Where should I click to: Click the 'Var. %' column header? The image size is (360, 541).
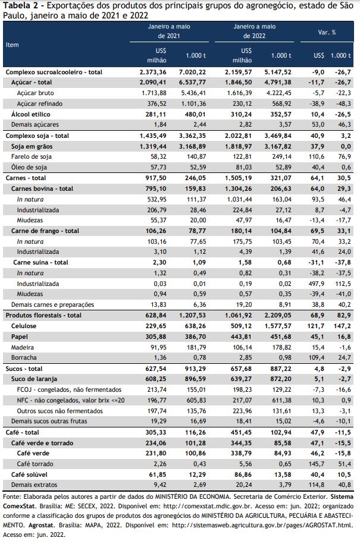pos(327,33)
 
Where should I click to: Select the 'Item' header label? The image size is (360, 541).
pos(12,45)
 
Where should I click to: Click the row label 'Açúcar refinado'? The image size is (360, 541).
pos(40,103)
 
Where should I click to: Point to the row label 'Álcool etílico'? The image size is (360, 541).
pos(31,114)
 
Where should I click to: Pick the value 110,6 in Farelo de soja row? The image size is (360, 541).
pos(317,156)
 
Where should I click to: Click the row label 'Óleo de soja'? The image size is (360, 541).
pos(29,167)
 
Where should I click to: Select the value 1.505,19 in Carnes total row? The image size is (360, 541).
pos(239,178)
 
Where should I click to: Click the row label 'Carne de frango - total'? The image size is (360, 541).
pos(45,231)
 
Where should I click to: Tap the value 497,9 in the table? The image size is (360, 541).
pos(317,284)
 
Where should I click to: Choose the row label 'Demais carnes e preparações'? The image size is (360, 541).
pos(52,304)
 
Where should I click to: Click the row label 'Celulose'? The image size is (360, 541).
pos(23,326)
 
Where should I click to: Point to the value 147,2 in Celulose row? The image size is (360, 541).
pos(344,326)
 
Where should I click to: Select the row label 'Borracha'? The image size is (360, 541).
pos(24,357)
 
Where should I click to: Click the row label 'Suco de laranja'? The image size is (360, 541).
pos(34,379)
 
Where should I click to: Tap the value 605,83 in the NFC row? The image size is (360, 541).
pos(196,400)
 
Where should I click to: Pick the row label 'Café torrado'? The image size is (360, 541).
pos(35,464)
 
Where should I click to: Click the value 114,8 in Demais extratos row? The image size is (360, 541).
pos(317,485)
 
